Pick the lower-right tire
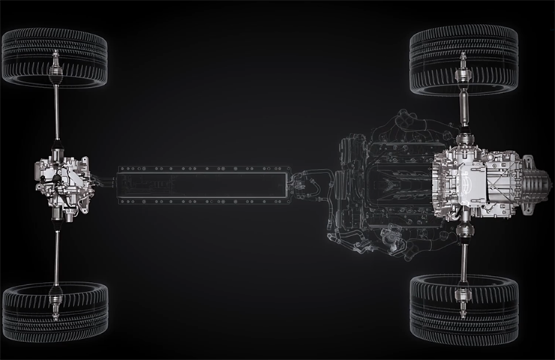coord(463,307)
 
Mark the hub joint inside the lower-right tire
coord(463,292)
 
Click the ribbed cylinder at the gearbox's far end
coord(537,181)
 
